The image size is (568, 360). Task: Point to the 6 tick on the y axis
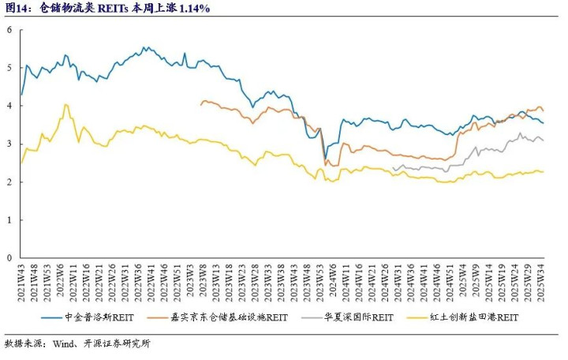(x=9, y=30)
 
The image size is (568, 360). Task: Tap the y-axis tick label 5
(x=9, y=68)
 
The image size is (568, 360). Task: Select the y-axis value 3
(x=9, y=144)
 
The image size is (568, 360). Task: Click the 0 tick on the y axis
(x=9, y=258)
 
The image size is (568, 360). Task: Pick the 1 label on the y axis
(x=9, y=220)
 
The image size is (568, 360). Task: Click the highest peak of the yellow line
(x=66, y=104)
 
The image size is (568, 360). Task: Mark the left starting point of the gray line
(x=393, y=168)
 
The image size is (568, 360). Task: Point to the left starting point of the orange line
(x=200, y=104)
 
